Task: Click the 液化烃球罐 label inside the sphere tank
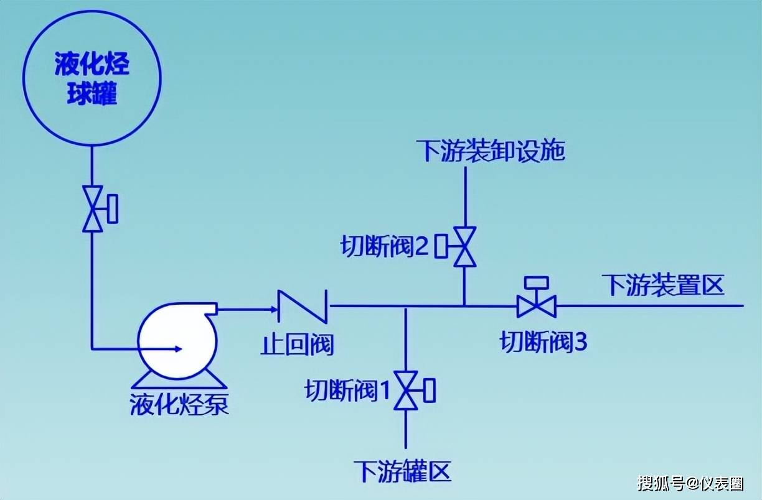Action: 92,78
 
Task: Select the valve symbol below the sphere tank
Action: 100,209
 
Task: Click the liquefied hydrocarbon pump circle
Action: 177,341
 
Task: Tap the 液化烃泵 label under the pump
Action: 179,404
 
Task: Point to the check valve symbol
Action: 303,306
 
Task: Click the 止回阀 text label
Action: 297,345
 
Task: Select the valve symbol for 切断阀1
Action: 415,391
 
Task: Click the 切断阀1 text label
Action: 347,391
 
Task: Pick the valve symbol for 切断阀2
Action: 456,246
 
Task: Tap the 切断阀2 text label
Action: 385,246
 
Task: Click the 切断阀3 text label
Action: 543,341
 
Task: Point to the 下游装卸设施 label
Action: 490,151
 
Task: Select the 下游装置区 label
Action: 663,285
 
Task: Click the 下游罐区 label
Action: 402,471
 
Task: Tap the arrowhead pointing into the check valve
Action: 274,309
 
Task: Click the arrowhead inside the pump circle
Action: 178,349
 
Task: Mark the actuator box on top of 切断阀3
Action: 537,283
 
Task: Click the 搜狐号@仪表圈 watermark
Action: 690,483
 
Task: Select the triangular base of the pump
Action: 179,380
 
